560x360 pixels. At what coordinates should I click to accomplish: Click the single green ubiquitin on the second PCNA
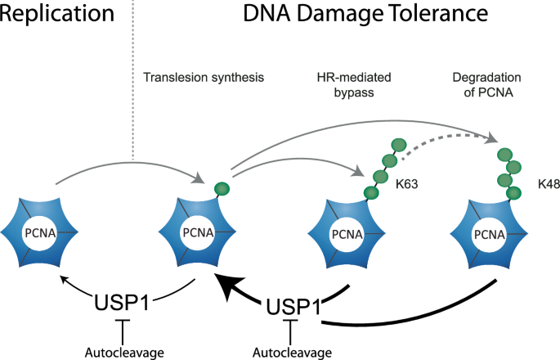coord(222,188)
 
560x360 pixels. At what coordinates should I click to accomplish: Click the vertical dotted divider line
coord(132,82)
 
